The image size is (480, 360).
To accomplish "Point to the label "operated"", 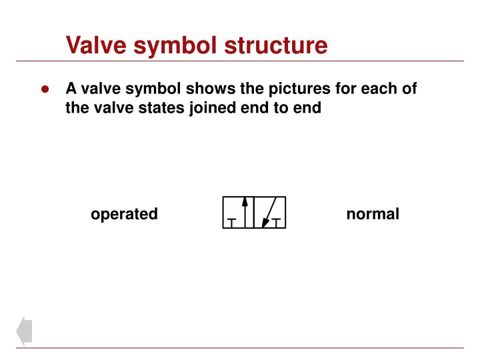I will click(x=124, y=214).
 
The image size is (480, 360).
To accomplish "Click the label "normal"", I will click(x=373, y=214).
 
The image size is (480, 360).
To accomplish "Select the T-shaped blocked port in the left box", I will click(x=231, y=222).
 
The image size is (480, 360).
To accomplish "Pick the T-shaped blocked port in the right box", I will click(x=277, y=222).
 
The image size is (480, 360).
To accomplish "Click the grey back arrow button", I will click(x=24, y=331).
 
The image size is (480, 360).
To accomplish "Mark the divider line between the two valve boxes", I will click(x=255, y=213).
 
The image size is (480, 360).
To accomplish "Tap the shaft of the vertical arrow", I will click(x=245, y=217).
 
